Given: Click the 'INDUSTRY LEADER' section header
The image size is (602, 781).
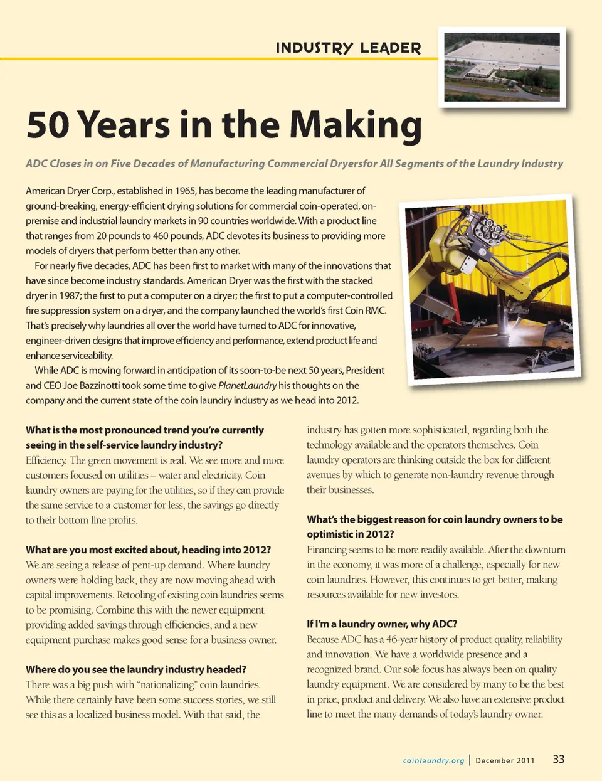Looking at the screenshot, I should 348,48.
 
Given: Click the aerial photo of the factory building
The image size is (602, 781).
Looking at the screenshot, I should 502,66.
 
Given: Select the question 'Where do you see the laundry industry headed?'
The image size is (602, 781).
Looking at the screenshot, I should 136,669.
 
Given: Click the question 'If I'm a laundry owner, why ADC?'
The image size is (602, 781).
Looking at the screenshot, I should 382,624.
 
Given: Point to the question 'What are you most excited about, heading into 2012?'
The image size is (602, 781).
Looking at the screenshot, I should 148,550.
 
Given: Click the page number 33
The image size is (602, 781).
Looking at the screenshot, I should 558,759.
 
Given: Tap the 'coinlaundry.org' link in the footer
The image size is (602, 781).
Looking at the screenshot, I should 433,760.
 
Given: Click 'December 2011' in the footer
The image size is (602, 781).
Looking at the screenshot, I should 505,760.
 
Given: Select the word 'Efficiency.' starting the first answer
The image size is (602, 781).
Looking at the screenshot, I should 46,460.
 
